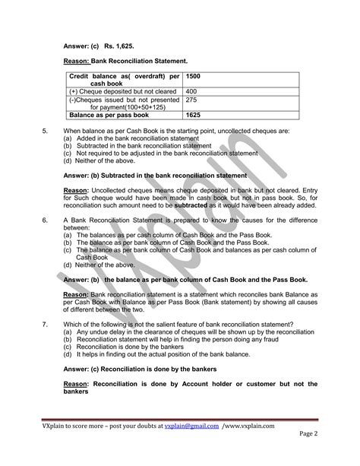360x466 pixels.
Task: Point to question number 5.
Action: pyautogui.click(x=45, y=132)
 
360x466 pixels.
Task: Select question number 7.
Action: pyautogui.click(x=45, y=324)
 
